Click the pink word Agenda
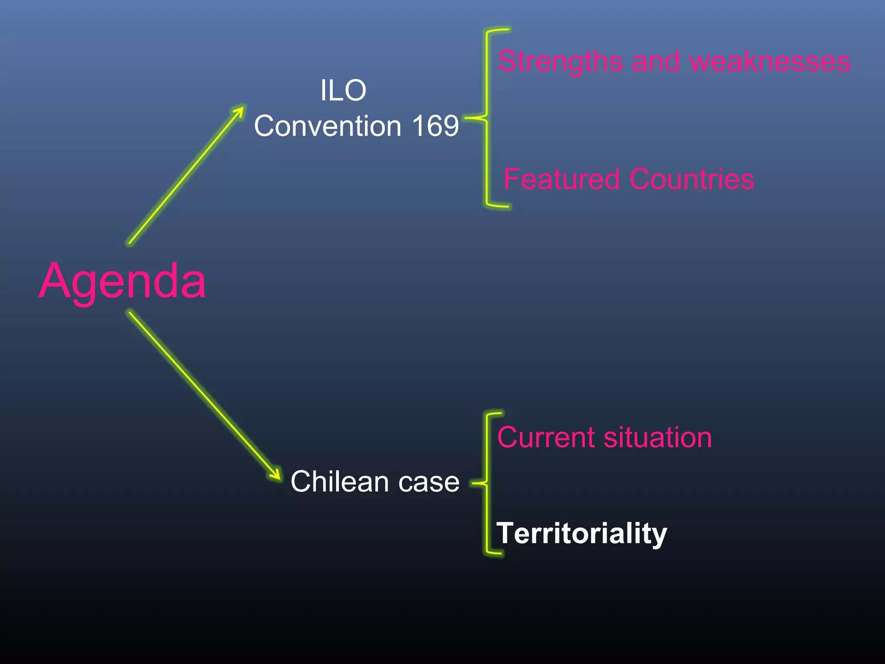tap(122, 282)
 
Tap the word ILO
tap(343, 91)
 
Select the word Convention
tap(328, 126)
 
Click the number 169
tap(435, 126)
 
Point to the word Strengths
tap(560, 62)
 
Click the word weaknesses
tap(770, 62)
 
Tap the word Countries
tap(691, 179)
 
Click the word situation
tap(658, 437)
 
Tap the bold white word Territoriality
tap(582, 533)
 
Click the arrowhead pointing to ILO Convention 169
tap(240, 110)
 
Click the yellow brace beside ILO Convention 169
tap(487, 118)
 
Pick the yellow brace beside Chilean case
tap(487, 483)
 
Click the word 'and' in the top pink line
tap(656, 62)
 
